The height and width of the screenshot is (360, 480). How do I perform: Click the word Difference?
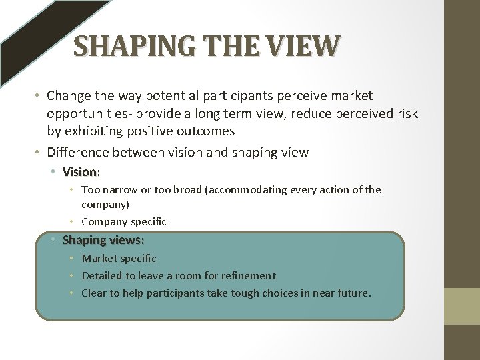tap(78, 152)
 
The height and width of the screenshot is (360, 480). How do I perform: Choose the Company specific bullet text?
tap(123, 221)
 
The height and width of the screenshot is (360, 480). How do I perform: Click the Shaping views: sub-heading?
tap(103, 240)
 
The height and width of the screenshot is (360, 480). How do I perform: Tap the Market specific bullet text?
tap(119, 258)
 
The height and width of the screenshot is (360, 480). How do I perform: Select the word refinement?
tap(245, 275)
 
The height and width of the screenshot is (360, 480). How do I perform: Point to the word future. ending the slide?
tap(351, 293)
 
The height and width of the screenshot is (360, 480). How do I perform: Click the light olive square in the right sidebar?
tap(462, 306)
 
